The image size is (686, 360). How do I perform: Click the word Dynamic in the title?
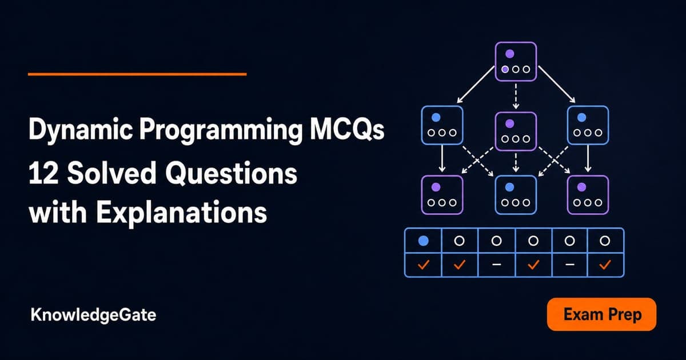81,131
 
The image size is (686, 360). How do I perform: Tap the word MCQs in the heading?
346,130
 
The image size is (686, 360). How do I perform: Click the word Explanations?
181,213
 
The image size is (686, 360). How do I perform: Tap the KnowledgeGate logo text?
93,315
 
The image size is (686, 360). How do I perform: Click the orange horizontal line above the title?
137,74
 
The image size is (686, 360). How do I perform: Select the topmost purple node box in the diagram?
516,62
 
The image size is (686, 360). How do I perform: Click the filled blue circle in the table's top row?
423,241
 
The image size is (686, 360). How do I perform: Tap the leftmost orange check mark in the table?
423,265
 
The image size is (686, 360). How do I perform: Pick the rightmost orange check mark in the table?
605,265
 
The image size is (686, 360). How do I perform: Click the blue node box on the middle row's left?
442,125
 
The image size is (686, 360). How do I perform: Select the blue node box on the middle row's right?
588,125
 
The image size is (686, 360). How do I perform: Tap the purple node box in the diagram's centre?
516,131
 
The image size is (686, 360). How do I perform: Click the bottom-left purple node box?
442,195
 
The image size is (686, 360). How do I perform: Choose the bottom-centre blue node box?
516,195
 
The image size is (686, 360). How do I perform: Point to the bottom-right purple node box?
588,195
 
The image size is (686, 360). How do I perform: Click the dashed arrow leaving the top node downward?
516,96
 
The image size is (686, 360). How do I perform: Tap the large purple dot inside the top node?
509,54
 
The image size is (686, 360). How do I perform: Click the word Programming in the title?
221,131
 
